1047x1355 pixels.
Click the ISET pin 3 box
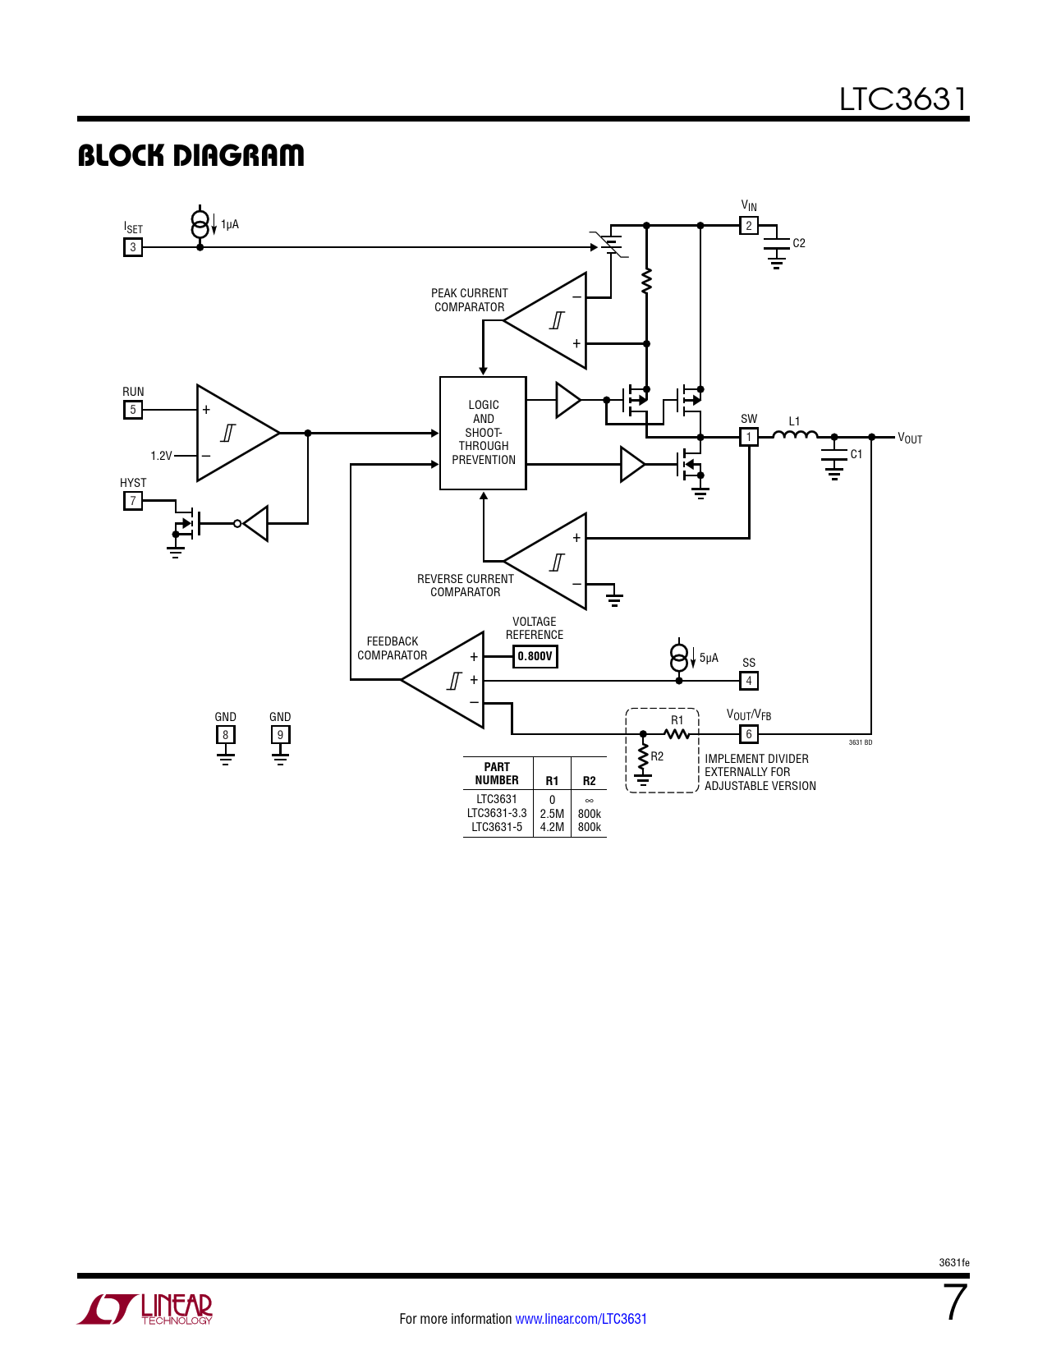pos(133,247)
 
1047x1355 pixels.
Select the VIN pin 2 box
pos(748,226)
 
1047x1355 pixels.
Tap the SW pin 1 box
pos(748,437)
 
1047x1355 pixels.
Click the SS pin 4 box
pos(748,681)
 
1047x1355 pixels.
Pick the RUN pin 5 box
pos(133,410)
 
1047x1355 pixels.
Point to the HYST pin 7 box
pos(133,501)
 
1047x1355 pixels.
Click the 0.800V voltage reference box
pos(535,656)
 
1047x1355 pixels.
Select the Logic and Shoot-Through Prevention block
pos(483,433)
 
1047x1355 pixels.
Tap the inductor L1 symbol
pos(795,434)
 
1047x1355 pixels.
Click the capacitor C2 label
pos(799,243)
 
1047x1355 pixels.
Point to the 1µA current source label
pos(230,224)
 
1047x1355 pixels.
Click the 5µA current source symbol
pos(679,657)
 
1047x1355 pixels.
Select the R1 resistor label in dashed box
pos(677,720)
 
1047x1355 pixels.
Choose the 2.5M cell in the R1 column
pos(552,814)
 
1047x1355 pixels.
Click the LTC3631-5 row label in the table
pos(497,827)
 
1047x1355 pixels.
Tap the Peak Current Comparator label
pos(469,300)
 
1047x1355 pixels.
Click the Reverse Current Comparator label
pos(465,586)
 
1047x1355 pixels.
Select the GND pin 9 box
pos(280,735)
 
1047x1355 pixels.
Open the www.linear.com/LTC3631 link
pos(581,1319)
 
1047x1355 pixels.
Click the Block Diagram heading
pos(191,155)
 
